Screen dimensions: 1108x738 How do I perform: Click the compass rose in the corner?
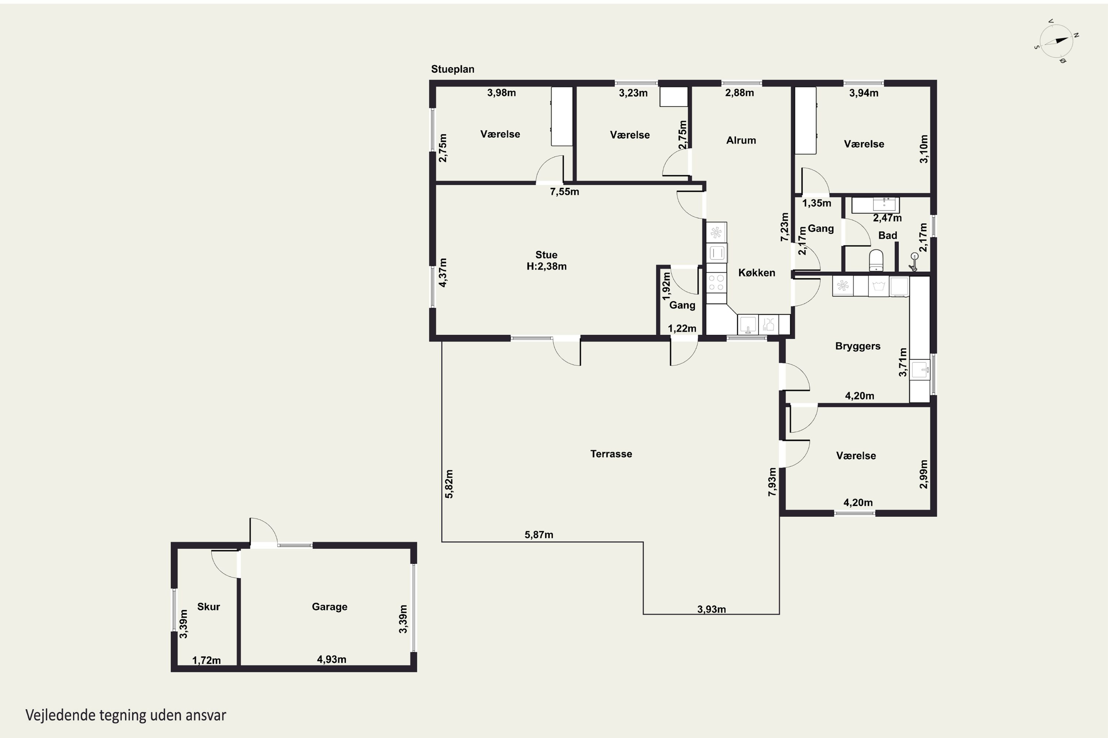[1056, 41]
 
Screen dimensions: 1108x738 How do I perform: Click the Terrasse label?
[611, 454]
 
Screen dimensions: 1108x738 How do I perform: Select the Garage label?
[330, 607]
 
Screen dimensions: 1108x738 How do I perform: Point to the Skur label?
[209, 607]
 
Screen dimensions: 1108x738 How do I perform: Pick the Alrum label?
[741, 140]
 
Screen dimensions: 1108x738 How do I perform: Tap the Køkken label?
[756, 273]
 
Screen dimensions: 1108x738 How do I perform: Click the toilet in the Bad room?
[876, 260]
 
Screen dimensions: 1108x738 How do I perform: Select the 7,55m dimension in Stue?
[564, 192]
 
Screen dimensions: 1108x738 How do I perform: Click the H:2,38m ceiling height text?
[547, 266]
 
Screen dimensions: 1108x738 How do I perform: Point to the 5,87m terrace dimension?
[539, 535]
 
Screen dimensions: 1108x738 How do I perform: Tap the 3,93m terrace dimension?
[711, 610]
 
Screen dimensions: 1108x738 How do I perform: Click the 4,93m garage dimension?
[332, 659]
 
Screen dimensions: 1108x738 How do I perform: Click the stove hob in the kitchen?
[717, 283]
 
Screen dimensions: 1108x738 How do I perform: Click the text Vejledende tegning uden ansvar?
[126, 715]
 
